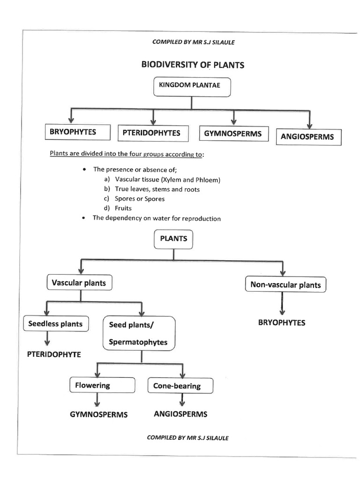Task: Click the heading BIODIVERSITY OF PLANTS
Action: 193,65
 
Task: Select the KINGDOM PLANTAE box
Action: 192,87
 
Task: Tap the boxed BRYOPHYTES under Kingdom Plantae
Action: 73,132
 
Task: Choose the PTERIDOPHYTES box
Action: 151,133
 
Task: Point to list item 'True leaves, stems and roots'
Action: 157,189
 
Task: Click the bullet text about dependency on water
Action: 156,218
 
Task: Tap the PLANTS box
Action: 173,239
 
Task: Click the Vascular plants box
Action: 79,283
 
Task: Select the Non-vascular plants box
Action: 285,285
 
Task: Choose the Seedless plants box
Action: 55,324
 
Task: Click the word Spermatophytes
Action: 138,342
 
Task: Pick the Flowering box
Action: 92,386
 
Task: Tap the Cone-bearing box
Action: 180,386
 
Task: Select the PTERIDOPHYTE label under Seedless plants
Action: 54,355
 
